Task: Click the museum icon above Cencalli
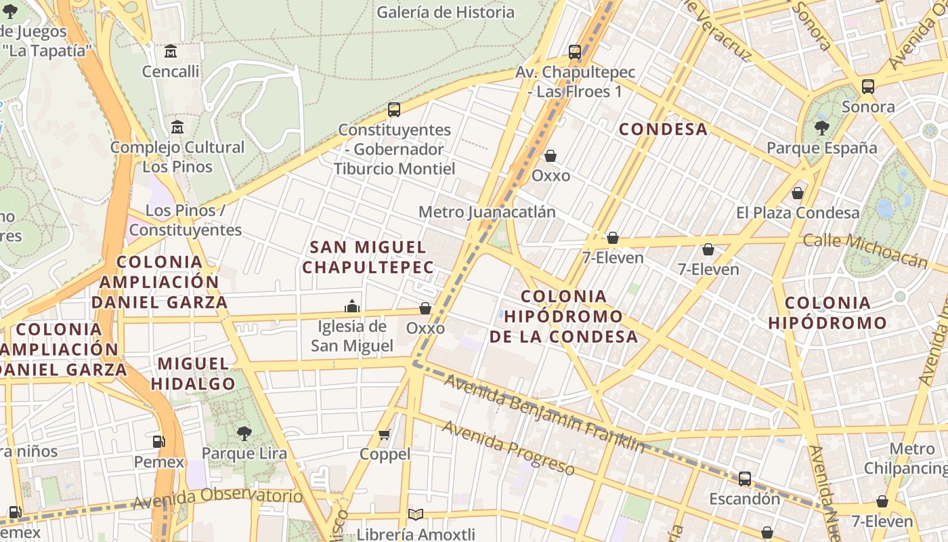(x=171, y=51)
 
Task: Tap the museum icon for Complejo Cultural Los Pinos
(x=177, y=127)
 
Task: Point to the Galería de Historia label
(x=446, y=12)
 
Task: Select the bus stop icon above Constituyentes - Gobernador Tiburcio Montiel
(x=394, y=109)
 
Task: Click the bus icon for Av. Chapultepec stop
(x=575, y=51)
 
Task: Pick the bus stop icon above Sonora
(x=868, y=87)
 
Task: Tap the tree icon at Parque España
(x=822, y=127)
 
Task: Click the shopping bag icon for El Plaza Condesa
(x=798, y=193)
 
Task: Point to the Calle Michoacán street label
(x=865, y=250)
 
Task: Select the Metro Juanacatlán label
(x=487, y=212)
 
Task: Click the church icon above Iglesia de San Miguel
(x=352, y=306)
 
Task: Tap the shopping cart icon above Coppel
(x=385, y=434)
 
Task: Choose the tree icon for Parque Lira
(x=244, y=433)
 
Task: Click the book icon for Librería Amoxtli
(x=416, y=515)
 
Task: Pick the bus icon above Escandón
(x=745, y=479)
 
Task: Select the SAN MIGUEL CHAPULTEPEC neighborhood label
(x=368, y=257)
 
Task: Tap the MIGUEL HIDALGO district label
(x=193, y=373)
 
